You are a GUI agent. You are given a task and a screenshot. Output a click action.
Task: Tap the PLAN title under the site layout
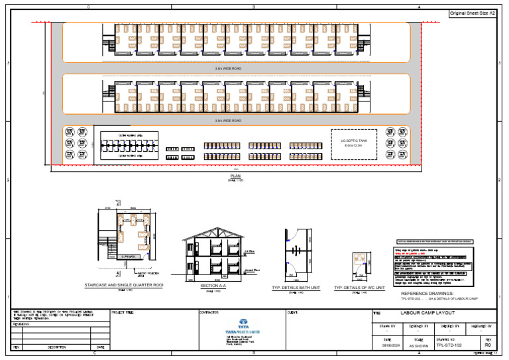235,176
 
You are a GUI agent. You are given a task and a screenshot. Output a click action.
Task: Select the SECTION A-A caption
213,286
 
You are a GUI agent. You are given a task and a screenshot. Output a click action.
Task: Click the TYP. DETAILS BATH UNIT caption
296,288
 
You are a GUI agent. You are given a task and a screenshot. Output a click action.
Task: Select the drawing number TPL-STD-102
448,345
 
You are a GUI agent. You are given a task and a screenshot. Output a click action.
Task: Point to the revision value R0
488,345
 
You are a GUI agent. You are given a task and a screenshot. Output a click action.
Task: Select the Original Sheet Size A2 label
473,13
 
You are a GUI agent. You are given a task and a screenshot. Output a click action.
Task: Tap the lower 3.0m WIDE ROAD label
228,121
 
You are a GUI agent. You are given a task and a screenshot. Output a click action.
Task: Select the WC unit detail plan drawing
359,263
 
